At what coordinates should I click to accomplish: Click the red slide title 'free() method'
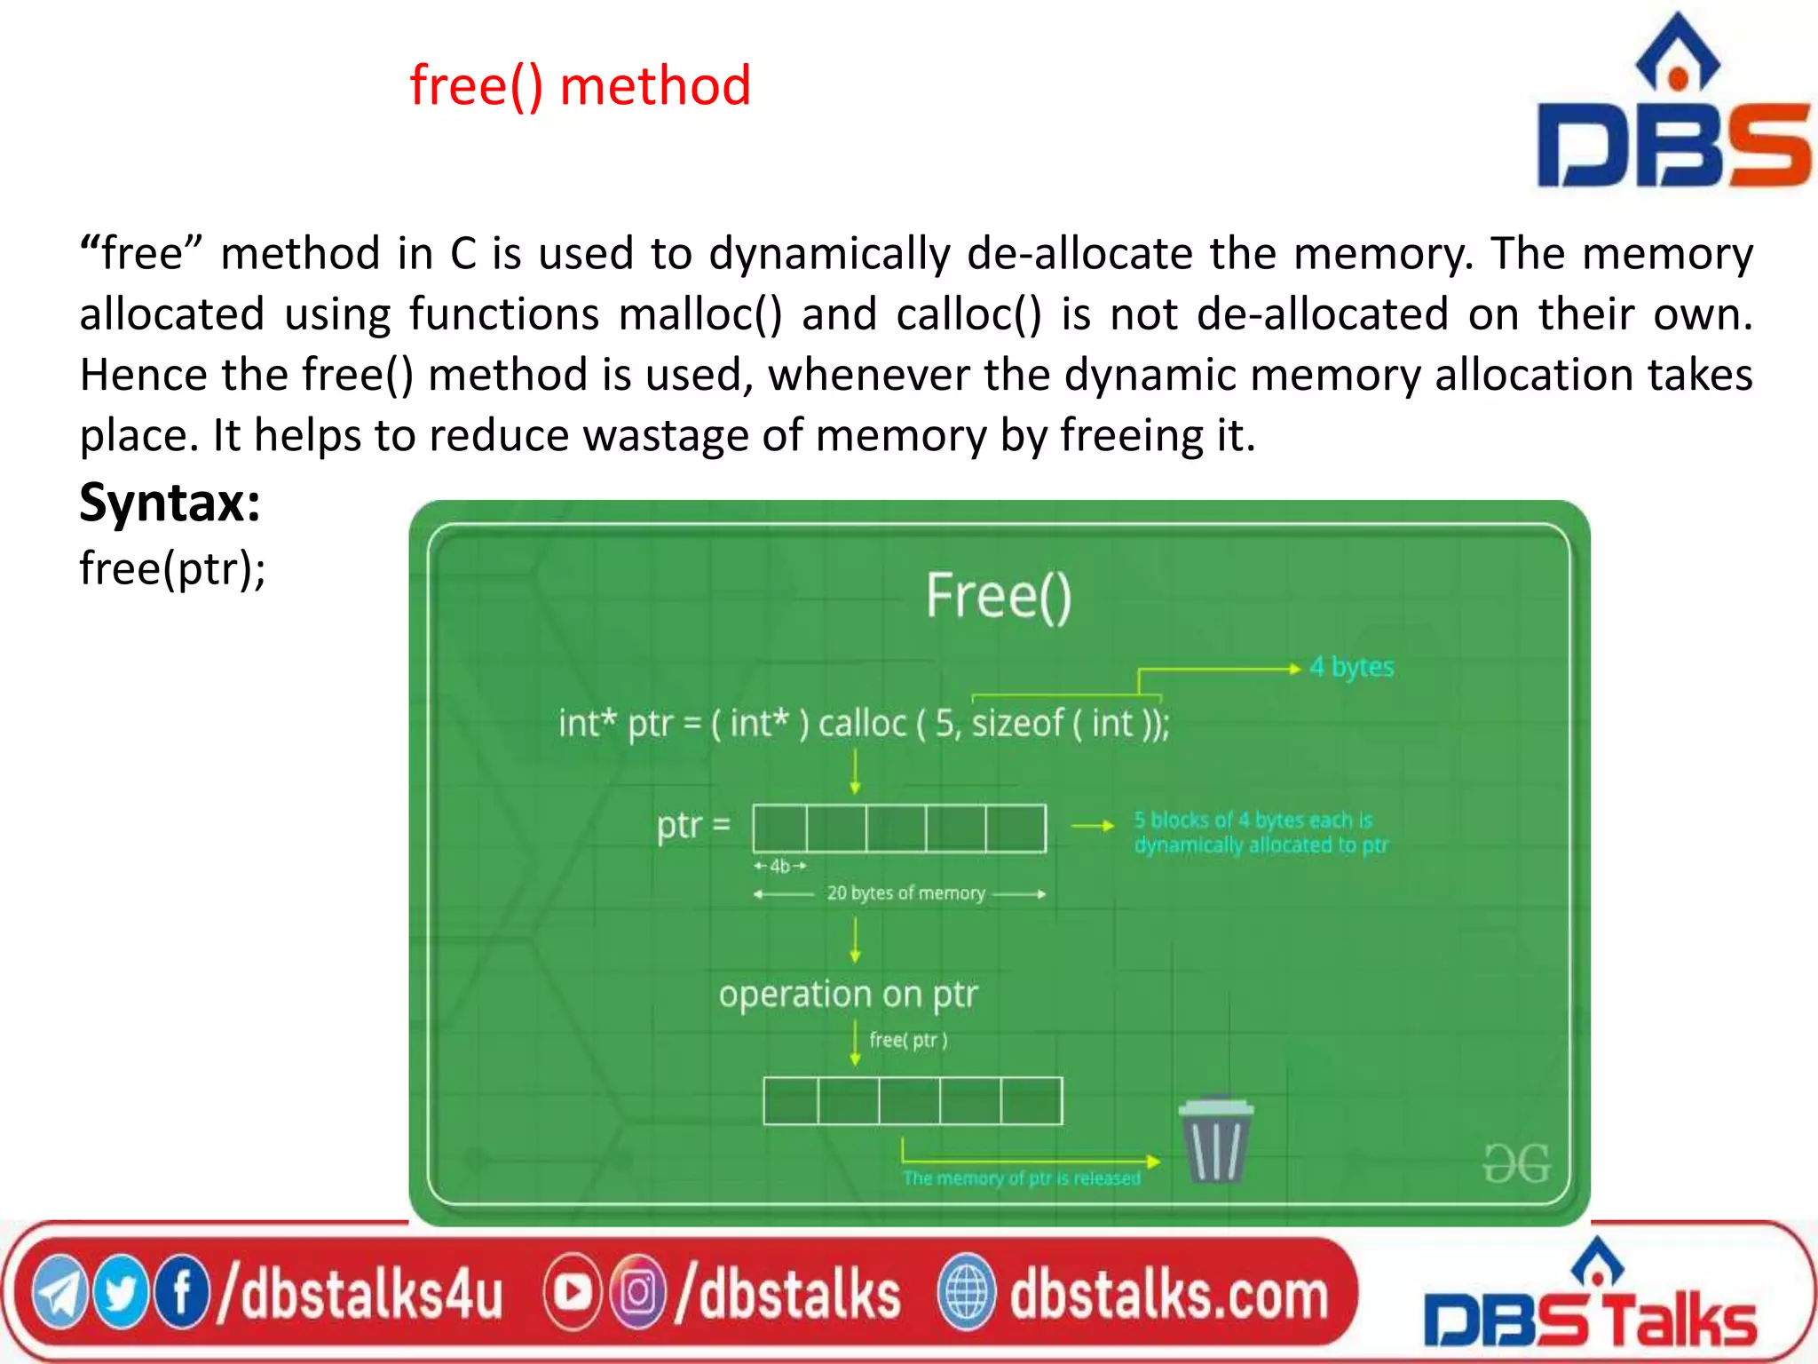click(x=580, y=86)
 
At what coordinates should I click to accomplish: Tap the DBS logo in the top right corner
click(x=1674, y=107)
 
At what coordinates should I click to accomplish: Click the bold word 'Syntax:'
click(x=170, y=503)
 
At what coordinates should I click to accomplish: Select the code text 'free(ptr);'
click(x=172, y=568)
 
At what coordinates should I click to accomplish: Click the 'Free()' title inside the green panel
click(x=999, y=596)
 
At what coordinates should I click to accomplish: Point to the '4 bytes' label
click(x=1351, y=667)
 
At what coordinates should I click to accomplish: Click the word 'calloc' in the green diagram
click(x=861, y=724)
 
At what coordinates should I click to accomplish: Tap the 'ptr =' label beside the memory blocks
click(x=693, y=825)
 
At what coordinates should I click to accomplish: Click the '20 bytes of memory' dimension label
click(x=905, y=893)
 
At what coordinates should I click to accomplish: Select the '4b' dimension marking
click(x=779, y=866)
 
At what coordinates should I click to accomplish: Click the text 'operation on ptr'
click(x=848, y=995)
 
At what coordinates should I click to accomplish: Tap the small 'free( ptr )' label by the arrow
click(x=908, y=1040)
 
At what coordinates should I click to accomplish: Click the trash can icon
click(x=1215, y=1140)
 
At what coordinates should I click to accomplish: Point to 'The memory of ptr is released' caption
click(x=1022, y=1178)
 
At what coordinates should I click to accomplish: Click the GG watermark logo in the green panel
click(x=1516, y=1163)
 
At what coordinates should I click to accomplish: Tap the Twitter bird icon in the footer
click(x=121, y=1294)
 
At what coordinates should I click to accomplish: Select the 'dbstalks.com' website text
click(x=1168, y=1295)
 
